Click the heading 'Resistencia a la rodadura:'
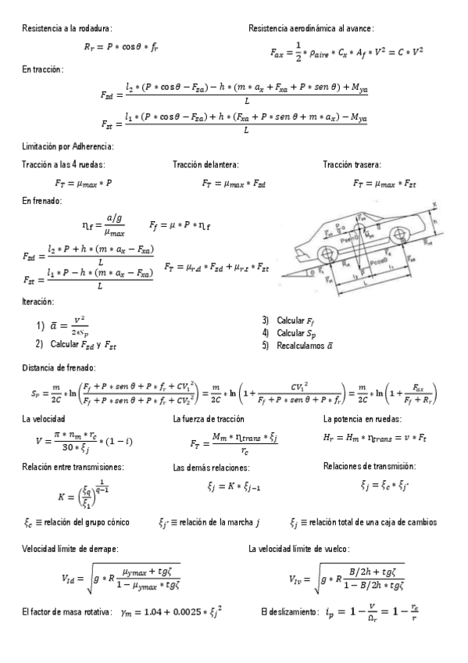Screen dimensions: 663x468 click(67, 28)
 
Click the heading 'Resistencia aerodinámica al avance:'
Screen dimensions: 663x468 click(311, 28)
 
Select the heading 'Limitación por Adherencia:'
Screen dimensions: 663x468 click(69, 146)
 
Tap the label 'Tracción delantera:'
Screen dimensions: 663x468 click(205, 164)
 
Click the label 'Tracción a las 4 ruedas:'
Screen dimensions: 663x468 click(63, 164)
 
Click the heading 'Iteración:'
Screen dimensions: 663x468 click(38, 301)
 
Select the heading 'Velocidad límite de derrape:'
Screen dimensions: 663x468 click(70, 548)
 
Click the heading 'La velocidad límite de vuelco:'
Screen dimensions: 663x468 click(304, 548)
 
